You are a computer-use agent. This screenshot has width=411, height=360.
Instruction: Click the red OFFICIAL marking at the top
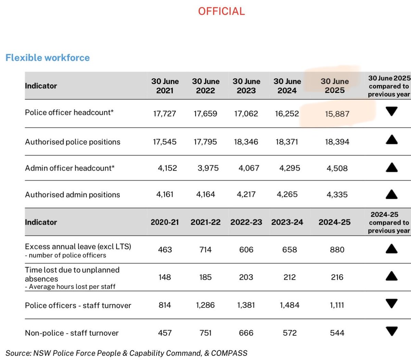coord(221,11)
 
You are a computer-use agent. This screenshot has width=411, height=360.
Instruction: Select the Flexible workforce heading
coord(48,58)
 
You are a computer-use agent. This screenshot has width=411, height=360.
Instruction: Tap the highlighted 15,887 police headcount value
coord(337,114)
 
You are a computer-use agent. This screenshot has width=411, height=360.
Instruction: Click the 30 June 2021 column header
coord(165,86)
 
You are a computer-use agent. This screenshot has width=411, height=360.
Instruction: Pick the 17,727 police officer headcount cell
coord(164,113)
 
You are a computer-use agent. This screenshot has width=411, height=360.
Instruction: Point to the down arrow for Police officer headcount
coord(391,111)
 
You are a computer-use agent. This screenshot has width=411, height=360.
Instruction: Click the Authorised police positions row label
coord(73,142)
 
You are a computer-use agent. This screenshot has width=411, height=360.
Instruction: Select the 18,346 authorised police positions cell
coord(246,142)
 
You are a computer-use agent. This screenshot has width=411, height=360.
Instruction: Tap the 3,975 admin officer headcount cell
coord(208,168)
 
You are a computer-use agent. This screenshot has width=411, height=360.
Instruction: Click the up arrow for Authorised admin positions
coord(391,194)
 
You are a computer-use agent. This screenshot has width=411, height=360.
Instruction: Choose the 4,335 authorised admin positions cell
coord(337,194)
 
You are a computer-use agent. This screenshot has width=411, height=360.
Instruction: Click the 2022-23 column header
coord(246,222)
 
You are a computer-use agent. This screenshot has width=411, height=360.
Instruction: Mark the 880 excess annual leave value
coord(337,250)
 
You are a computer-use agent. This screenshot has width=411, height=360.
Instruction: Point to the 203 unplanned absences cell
coord(246,277)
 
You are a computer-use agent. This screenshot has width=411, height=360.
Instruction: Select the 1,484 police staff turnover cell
coord(289,305)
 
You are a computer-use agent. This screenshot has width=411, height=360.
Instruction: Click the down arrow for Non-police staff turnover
coord(391,331)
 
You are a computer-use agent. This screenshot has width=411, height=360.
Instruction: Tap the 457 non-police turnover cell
coord(165,333)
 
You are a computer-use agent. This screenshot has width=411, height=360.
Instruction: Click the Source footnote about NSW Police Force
coord(126,353)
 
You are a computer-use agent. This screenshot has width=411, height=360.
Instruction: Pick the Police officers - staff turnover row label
coord(78,305)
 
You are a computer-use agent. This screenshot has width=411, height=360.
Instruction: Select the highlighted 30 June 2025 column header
coord(335,86)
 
